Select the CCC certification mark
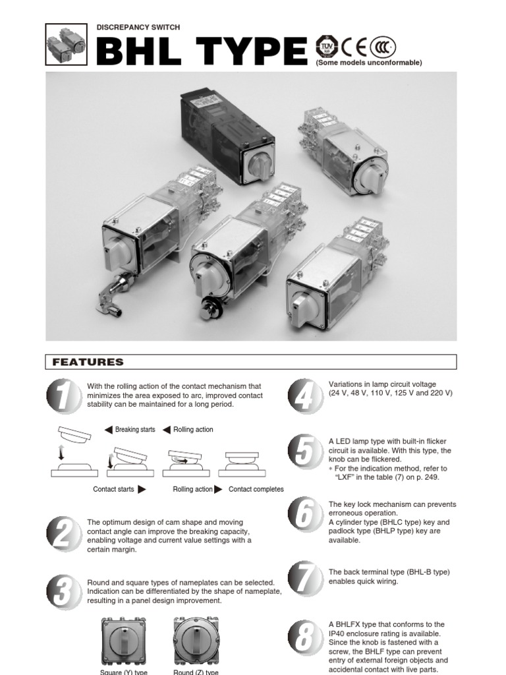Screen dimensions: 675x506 [x=383, y=45]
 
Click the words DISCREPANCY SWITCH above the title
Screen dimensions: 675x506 [x=138, y=27]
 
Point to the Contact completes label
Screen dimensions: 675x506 [x=256, y=489]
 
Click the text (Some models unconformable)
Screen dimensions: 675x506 [x=368, y=63]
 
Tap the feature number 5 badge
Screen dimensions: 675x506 [x=305, y=453]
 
